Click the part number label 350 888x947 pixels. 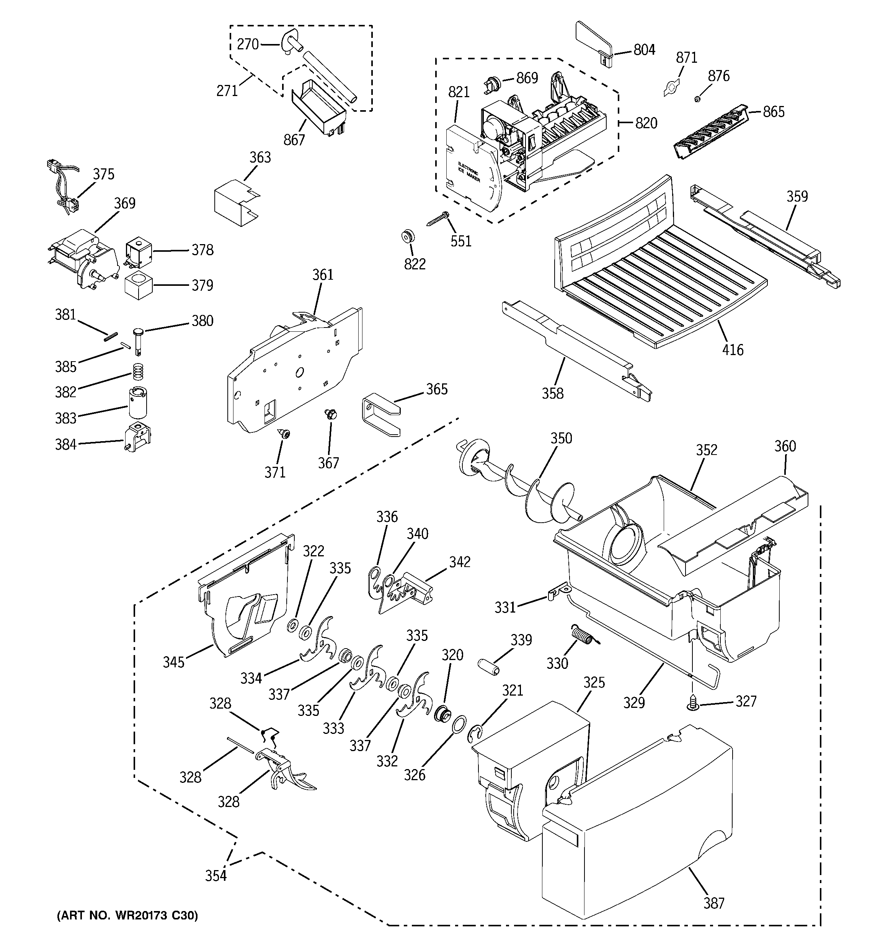point(561,438)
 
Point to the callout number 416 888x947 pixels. point(733,350)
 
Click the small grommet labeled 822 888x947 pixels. point(408,236)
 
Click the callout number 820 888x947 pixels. point(646,123)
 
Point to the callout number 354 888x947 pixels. point(216,875)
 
